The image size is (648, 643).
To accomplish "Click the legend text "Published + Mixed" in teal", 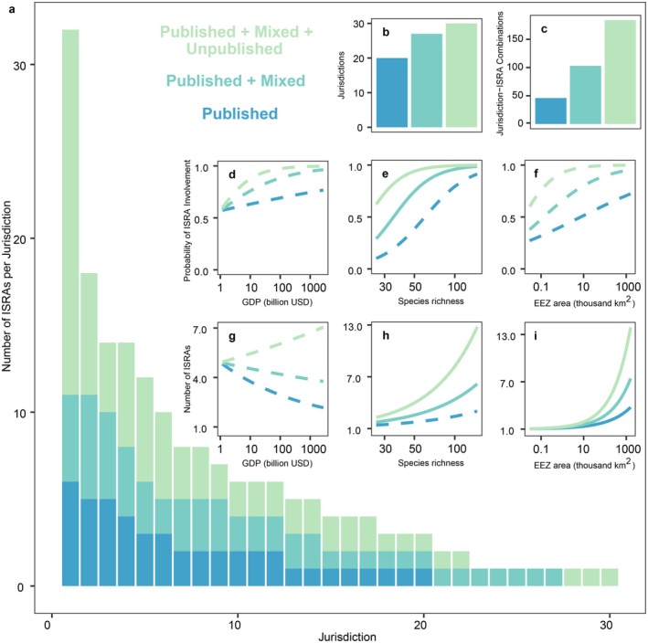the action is (x=236, y=81).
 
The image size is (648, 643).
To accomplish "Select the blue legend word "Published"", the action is (x=239, y=113).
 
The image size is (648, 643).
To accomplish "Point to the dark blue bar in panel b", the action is (x=392, y=92).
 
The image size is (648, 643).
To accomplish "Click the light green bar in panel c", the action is (x=620, y=72).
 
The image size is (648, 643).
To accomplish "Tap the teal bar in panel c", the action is (x=585, y=95).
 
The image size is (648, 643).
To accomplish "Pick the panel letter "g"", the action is (x=232, y=337).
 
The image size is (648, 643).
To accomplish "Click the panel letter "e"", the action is (x=385, y=174).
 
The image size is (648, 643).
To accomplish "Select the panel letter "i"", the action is (x=536, y=336).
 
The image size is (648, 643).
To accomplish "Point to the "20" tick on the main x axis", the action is (x=420, y=625).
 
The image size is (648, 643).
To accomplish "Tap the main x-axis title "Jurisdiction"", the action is (x=347, y=637).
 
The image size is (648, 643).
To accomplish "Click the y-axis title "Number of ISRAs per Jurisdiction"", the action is (x=6, y=286).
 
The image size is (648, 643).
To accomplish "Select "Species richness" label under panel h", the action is (x=430, y=463).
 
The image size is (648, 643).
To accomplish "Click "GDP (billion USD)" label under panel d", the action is (x=277, y=302).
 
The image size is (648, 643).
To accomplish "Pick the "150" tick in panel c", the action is (x=515, y=39).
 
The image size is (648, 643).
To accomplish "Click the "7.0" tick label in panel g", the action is (x=199, y=329).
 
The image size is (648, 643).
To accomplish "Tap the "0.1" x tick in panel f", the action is (x=540, y=287).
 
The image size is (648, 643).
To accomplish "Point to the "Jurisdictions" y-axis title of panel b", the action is (x=341, y=75).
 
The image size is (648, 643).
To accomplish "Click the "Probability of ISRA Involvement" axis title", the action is (x=187, y=220).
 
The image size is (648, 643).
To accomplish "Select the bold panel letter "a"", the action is (x=12, y=9).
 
